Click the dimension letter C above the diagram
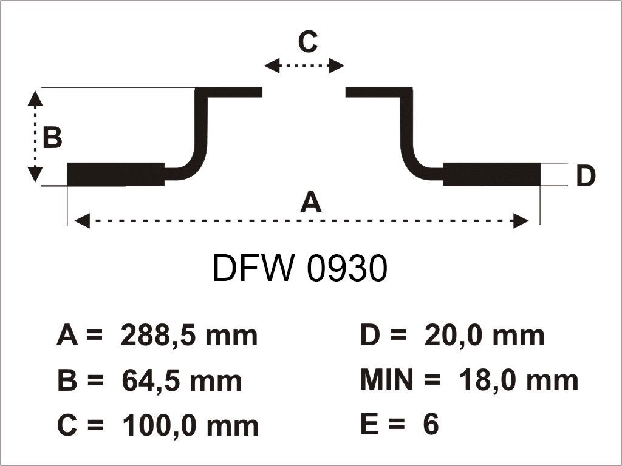click(307, 42)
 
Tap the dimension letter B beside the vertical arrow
click(52, 138)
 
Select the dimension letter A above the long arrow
click(310, 201)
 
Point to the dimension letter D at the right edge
click(585, 177)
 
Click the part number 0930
click(347, 269)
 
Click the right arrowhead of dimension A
click(521, 221)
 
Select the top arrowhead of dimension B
click(36, 95)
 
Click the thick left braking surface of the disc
click(115, 175)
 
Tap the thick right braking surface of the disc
click(491, 175)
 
